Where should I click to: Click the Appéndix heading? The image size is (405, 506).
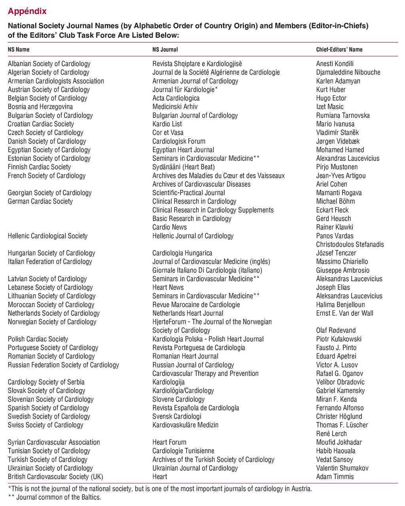click(27, 11)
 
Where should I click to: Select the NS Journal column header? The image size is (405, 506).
click(165, 50)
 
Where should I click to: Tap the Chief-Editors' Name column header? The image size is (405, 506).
click(339, 50)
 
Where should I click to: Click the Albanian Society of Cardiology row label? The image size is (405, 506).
click(49, 64)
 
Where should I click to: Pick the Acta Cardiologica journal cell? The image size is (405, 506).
click(176, 98)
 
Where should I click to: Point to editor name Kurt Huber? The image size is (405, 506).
click(331, 90)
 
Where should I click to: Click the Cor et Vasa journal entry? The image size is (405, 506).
click(168, 132)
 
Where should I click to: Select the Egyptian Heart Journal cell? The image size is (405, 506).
click(183, 150)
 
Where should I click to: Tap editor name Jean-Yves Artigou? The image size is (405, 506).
click(341, 176)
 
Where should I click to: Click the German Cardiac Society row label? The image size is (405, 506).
click(40, 201)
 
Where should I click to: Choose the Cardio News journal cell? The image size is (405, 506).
click(169, 227)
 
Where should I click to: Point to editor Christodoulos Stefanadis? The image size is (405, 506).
click(350, 244)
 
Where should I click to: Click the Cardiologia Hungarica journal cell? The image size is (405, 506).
click(182, 253)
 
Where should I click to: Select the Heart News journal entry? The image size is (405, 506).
click(168, 287)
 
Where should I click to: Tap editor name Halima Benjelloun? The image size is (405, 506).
click(340, 305)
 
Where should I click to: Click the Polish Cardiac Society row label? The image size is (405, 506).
click(38, 339)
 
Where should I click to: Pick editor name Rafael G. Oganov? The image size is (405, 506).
click(339, 374)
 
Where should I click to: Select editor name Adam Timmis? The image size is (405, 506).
click(335, 477)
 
